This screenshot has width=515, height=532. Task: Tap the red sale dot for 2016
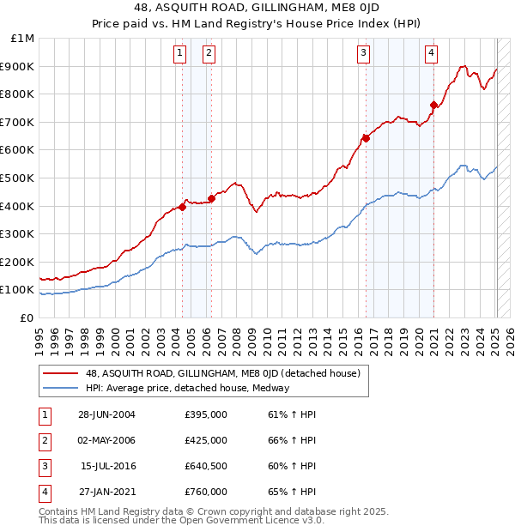366,137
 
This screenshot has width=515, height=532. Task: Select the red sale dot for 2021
433,106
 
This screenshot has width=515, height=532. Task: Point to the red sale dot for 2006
211,198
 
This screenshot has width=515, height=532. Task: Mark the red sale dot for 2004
183,207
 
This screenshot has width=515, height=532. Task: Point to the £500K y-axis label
18,178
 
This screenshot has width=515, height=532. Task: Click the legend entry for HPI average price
186,388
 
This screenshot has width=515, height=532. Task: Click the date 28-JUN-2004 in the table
106,414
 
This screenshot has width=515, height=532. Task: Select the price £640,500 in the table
205,466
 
